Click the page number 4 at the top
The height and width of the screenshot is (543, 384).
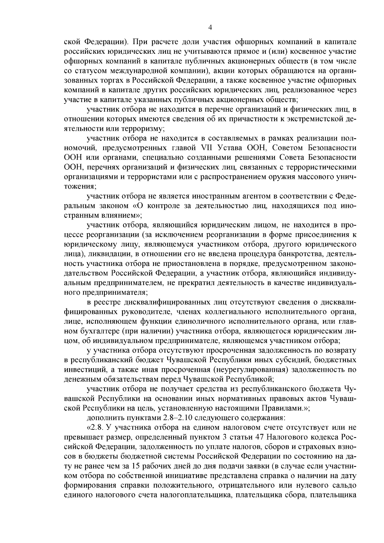210,28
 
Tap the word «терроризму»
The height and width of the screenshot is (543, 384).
143,129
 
